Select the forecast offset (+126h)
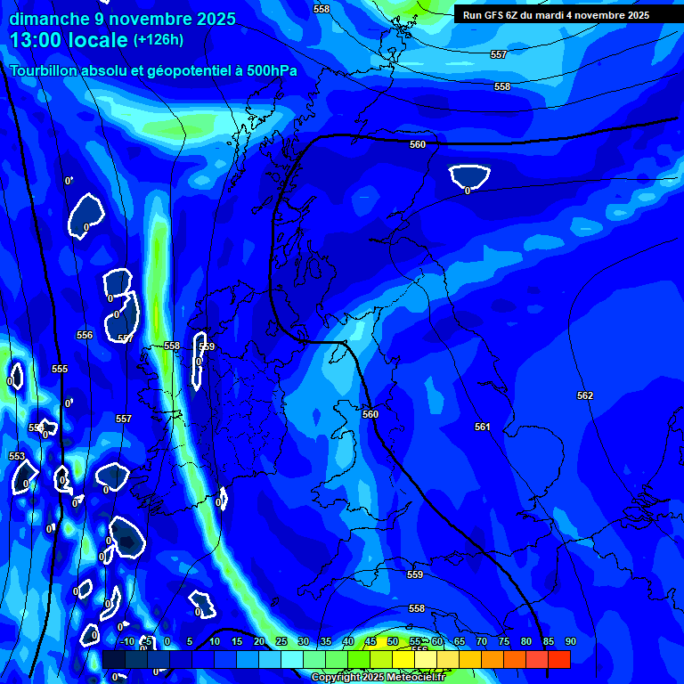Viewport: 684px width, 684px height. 159,40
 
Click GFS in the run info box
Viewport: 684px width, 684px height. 488,15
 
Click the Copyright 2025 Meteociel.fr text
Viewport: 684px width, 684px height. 378,678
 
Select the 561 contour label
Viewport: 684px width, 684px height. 482,427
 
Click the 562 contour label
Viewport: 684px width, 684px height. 585,395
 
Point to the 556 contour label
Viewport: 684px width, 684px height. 85,336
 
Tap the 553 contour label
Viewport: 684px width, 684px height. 17,457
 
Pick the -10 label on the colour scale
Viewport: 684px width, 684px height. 126,642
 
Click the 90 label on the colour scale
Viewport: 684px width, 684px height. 570,642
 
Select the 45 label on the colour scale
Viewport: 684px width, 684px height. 370,642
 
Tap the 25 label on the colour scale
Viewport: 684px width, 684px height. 281,642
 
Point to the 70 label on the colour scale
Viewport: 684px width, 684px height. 482,642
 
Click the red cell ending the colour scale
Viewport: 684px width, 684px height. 558,659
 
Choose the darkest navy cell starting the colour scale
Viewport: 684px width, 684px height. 114,659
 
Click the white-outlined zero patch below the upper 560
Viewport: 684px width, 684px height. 469,177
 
